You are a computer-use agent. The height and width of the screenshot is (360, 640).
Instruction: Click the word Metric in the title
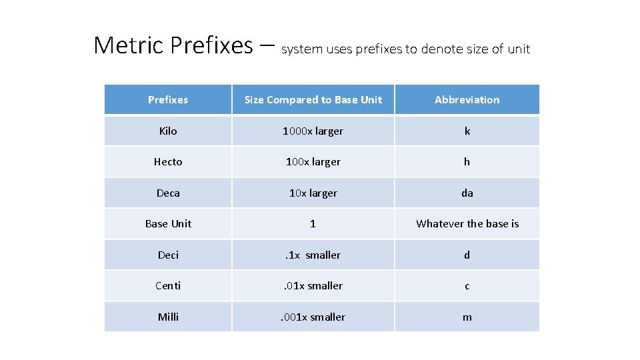(129, 45)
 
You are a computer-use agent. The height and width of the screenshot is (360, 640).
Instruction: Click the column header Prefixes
(168, 100)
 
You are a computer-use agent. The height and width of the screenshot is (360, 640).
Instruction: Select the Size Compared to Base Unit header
(313, 100)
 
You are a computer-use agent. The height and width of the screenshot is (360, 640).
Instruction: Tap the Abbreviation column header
(467, 100)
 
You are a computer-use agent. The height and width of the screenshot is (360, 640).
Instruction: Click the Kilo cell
(168, 131)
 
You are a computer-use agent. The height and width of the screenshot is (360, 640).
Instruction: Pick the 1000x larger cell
(313, 131)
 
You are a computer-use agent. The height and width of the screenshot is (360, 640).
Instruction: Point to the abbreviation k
(467, 131)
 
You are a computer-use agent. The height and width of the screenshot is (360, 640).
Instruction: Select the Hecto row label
(168, 162)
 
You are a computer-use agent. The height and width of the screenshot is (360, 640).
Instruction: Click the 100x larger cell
(313, 162)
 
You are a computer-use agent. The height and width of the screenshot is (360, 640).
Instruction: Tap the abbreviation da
(467, 193)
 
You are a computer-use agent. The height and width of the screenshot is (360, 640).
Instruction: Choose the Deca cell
(168, 193)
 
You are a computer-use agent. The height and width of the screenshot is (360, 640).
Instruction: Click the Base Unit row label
(168, 224)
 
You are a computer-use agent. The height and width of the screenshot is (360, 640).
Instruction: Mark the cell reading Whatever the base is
(467, 224)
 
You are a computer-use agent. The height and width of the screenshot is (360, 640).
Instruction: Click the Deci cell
(168, 255)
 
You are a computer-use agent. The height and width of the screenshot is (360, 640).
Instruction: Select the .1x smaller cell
(313, 255)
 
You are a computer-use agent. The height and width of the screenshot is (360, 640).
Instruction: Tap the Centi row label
(168, 286)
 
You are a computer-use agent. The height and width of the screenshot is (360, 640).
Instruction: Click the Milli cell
(168, 317)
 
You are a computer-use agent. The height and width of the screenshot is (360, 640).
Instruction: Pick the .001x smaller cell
(313, 317)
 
